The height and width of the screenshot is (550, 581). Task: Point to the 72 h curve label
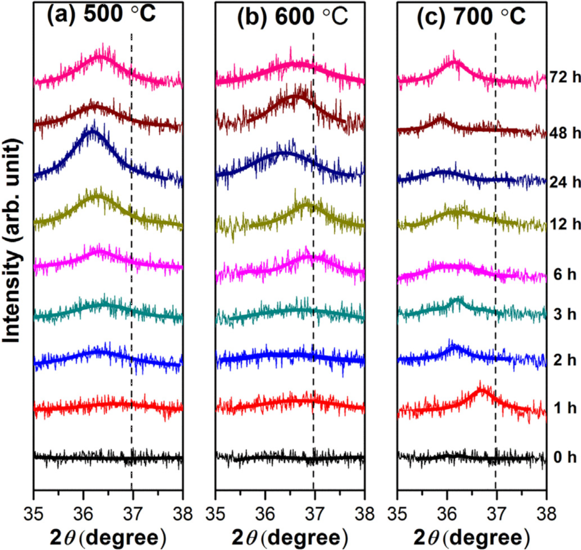coord(565,77)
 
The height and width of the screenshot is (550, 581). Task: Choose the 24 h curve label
coord(565,182)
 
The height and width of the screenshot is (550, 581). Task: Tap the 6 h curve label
coord(565,275)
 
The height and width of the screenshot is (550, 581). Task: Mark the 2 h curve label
coord(565,360)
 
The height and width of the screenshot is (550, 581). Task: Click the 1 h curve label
coord(565,408)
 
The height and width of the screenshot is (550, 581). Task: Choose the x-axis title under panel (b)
coord(290,537)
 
